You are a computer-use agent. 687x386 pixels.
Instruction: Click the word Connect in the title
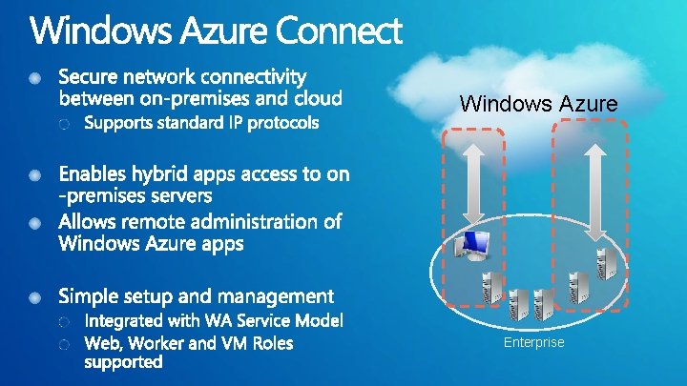tap(338, 31)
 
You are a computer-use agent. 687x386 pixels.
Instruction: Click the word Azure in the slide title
tap(218, 31)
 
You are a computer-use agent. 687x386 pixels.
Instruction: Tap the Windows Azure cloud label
tap(538, 103)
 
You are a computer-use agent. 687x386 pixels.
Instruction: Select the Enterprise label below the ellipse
tap(534, 342)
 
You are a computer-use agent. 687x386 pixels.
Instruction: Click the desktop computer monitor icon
tap(473, 246)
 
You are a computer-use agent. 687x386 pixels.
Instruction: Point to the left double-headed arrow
tap(473, 180)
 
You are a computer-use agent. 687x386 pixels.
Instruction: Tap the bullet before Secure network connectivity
tap(35, 76)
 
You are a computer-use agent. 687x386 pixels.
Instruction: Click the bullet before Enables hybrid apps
tap(35, 176)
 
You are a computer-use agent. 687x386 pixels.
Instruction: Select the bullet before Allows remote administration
tap(35, 223)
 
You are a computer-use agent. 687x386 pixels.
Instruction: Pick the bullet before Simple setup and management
tap(35, 296)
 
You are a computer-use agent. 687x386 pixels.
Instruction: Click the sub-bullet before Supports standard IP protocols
tap(64, 124)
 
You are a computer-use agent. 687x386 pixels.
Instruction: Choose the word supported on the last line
tap(124, 362)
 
